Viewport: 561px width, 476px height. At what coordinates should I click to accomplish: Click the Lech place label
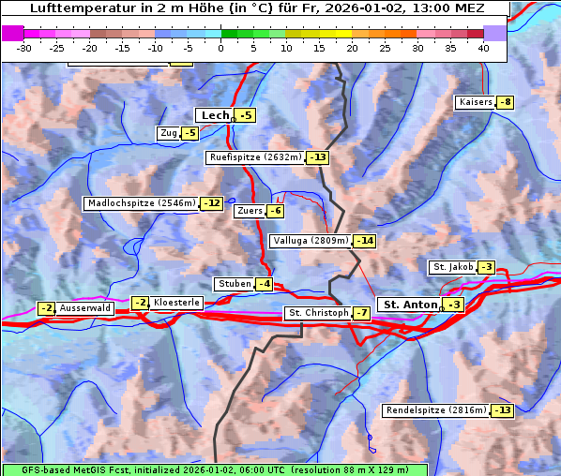point(215,115)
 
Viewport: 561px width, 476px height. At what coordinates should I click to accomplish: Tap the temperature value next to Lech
point(245,115)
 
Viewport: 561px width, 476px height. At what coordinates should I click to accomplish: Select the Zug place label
point(169,133)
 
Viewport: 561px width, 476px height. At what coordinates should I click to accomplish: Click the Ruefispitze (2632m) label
point(256,157)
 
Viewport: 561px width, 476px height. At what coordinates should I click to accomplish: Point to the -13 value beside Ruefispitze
point(318,157)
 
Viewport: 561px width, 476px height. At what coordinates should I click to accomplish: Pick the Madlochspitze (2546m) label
point(141,203)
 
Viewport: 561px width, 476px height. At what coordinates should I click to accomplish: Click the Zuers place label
point(249,211)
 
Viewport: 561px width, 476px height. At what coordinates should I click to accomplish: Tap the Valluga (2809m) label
point(310,241)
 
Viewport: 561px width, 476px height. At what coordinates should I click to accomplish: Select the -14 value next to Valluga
point(364,241)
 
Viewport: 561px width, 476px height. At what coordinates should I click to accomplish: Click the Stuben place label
point(234,284)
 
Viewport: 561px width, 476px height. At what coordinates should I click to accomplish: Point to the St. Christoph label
point(316,312)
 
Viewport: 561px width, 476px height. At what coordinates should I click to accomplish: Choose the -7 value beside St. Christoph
point(360,312)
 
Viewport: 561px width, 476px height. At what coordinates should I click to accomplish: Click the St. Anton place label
point(411,305)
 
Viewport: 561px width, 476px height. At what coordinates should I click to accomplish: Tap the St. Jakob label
point(452,267)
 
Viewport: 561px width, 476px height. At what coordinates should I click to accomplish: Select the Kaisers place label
point(475,102)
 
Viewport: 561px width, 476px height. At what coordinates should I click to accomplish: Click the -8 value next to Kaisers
point(506,102)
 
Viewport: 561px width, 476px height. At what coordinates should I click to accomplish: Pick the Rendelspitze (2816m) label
point(436,410)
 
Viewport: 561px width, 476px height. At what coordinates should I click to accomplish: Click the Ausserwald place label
point(86,308)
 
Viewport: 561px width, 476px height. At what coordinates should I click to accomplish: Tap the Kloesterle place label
point(175,303)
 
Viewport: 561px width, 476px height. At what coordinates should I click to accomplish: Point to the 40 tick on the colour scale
point(483,47)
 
